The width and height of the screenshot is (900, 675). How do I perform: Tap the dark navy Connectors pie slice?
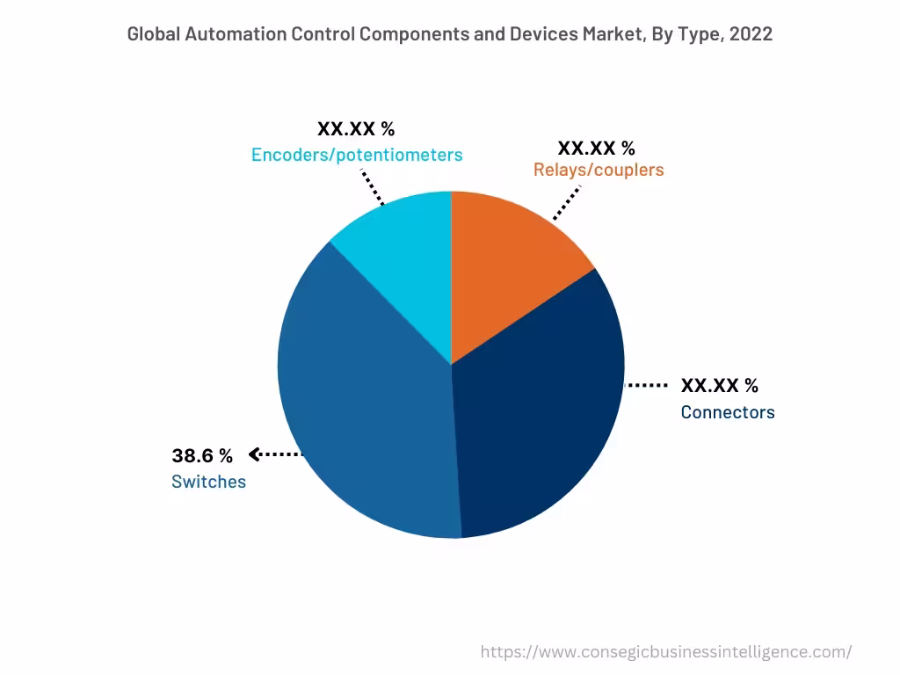tap(536, 413)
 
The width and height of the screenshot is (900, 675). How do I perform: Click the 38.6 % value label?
tap(202, 455)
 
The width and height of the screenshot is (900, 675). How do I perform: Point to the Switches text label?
tap(208, 482)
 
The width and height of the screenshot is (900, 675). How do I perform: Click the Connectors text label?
tap(728, 412)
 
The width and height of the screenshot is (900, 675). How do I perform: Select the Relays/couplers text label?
tap(599, 170)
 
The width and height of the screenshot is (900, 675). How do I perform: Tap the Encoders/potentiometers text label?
tap(357, 155)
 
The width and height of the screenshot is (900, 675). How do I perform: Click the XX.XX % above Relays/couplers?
tap(596, 147)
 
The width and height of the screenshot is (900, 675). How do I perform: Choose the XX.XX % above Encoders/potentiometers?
tap(356, 129)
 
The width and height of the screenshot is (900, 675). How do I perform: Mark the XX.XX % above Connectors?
tap(719, 385)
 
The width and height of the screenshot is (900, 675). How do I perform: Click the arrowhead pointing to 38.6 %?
tap(254, 454)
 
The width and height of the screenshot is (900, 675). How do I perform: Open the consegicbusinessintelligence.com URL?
tap(665, 651)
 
